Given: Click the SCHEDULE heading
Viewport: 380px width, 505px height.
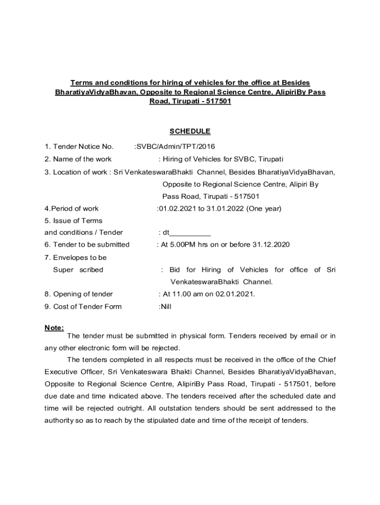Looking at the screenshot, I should (190, 131).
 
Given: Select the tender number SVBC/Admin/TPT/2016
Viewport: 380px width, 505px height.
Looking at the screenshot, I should (176, 146).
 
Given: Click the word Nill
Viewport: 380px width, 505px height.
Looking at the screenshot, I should (165, 307).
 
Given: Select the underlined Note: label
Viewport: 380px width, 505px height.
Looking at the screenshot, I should (54, 328).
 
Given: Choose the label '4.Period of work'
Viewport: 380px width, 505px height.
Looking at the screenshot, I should (72, 209).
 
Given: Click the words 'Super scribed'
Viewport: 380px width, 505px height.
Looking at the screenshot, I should (78, 270).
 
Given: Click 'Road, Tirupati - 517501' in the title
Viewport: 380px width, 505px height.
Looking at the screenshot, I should (190, 101).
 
